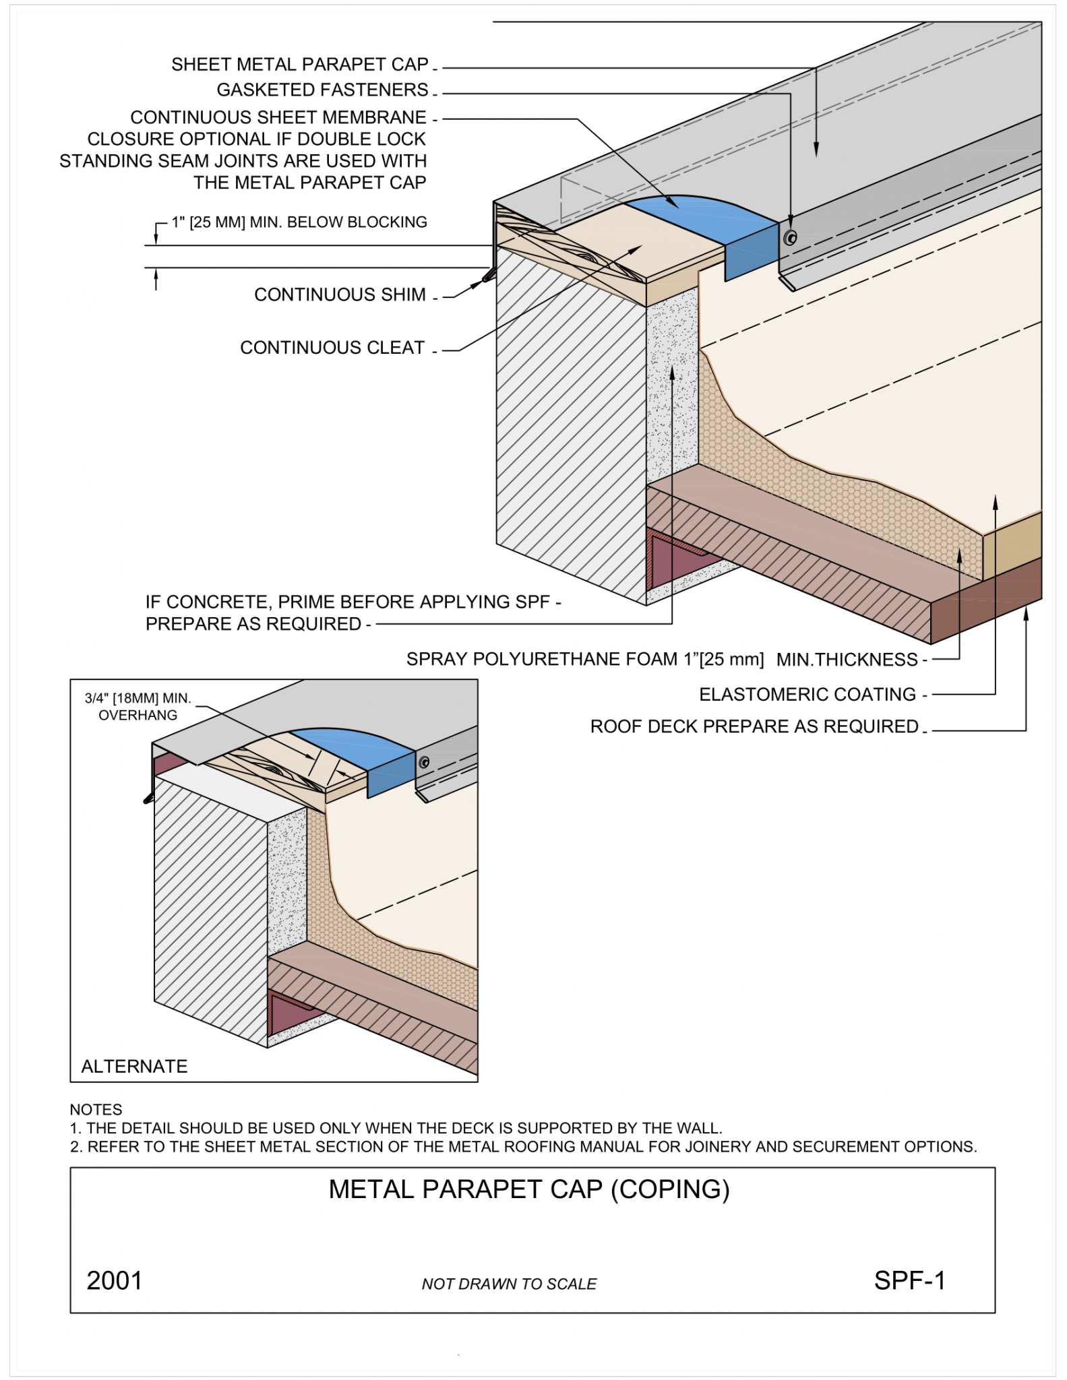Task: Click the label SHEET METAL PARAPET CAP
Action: pos(299,65)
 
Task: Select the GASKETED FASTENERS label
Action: pos(322,90)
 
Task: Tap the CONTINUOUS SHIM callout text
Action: pos(340,295)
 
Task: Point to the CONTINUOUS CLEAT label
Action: pos(332,348)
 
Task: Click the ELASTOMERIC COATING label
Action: pos(807,695)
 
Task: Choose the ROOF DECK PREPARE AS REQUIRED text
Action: pos(754,727)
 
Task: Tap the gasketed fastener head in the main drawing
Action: pos(791,237)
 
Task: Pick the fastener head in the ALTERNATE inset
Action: pos(424,762)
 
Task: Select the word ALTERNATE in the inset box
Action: pos(134,1067)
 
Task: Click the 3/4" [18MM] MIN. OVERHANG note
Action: pos(138,707)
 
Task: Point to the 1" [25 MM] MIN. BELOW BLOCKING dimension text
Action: pos(299,222)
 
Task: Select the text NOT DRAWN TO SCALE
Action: pos(509,1284)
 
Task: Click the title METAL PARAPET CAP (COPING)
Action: pos(529,1190)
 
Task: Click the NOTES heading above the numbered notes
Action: pos(96,1110)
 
